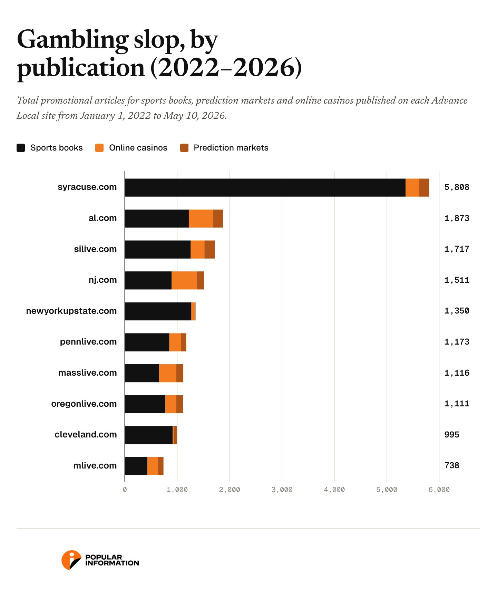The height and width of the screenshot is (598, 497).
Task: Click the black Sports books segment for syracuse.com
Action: pyautogui.click(x=265, y=187)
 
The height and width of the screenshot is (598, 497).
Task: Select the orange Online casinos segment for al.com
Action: pyautogui.click(x=201, y=219)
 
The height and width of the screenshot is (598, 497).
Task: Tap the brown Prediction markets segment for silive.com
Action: pyautogui.click(x=209, y=249)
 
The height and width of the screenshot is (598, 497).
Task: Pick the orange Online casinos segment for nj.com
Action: pyautogui.click(x=184, y=280)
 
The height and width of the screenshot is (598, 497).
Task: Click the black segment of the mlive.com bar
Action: pyautogui.click(x=136, y=466)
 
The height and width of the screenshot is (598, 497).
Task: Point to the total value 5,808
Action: pyautogui.click(x=457, y=187)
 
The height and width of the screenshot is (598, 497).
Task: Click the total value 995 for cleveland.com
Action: pyautogui.click(x=452, y=435)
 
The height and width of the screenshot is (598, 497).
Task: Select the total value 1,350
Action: pyautogui.click(x=457, y=311)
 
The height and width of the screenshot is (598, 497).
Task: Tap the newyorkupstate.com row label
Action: pyautogui.click(x=71, y=311)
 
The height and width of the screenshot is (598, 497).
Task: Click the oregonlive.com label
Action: pyautogui.click(x=84, y=404)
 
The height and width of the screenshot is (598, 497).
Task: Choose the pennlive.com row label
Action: pyautogui.click(x=88, y=342)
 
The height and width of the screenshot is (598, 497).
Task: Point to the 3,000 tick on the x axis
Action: pyautogui.click(x=282, y=490)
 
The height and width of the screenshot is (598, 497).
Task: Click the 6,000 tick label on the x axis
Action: pyautogui.click(x=439, y=490)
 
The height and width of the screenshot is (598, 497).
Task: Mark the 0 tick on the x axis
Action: pyautogui.click(x=125, y=490)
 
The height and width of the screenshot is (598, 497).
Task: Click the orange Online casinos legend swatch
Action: pyautogui.click(x=99, y=148)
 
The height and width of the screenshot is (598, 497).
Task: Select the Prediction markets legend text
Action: pyautogui.click(x=231, y=148)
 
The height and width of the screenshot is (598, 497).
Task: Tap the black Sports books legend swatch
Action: pyautogui.click(x=21, y=148)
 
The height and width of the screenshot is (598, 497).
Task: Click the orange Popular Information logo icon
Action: pyautogui.click(x=71, y=560)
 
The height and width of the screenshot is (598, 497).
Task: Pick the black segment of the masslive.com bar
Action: pyautogui.click(x=142, y=373)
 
